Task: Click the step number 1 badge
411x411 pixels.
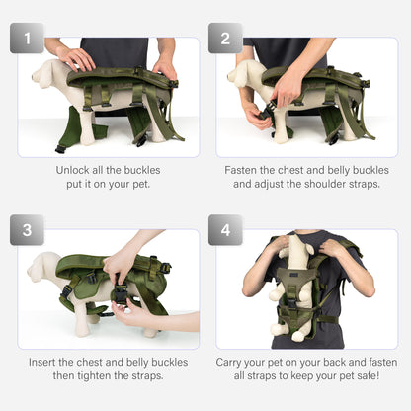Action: (x=27, y=39)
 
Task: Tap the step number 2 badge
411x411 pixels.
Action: (x=225, y=39)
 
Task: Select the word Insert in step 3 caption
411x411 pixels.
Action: (x=46, y=362)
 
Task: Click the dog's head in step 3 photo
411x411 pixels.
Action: (x=43, y=265)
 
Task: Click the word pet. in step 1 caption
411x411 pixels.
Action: (x=134, y=184)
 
